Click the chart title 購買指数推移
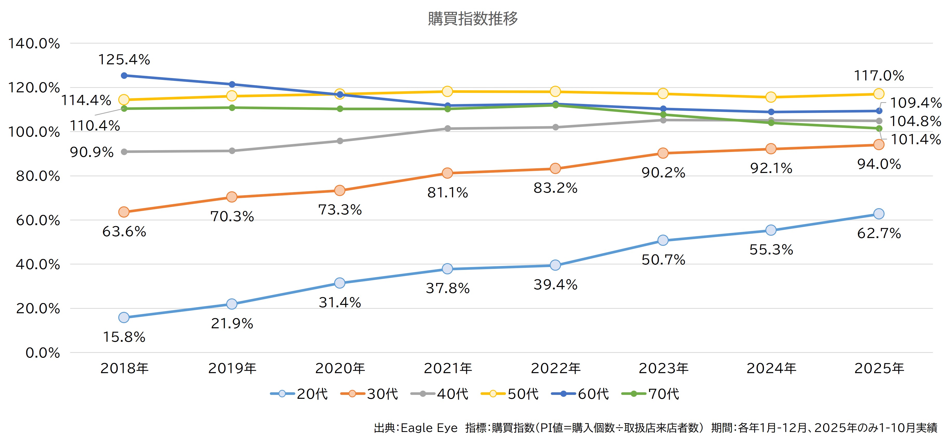point(473,18)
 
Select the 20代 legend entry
point(299,394)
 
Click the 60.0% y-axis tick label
point(38,220)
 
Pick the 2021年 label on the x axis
point(448,368)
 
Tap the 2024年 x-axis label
point(771,368)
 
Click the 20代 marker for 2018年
point(124,317)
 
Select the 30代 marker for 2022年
point(555,169)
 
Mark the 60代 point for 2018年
point(124,76)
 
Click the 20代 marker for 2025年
point(879,214)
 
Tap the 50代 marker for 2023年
point(663,94)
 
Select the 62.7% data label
point(879,233)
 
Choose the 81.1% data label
point(448,193)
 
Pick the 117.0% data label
point(879,76)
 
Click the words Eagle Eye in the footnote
point(429,428)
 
